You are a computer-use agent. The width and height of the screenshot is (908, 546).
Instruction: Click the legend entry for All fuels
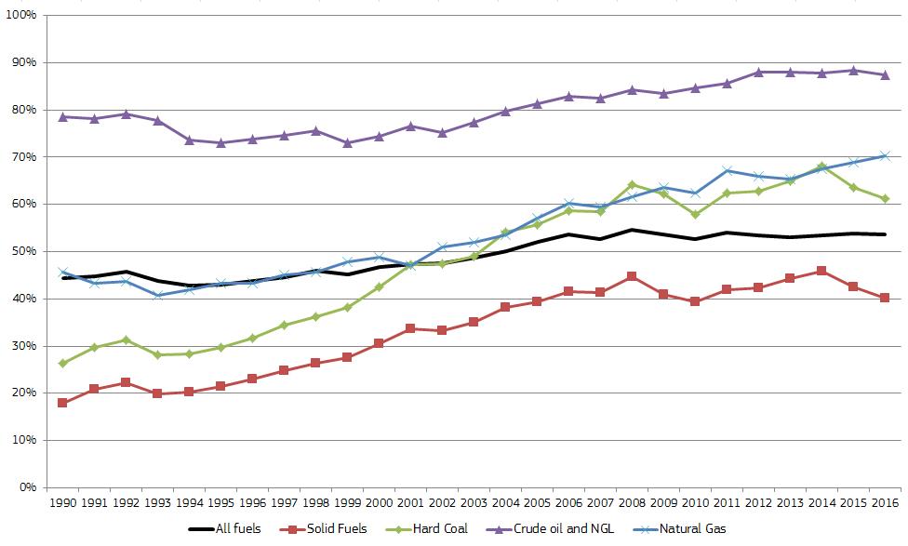click(238, 528)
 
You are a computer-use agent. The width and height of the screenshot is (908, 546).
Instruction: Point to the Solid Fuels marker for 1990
click(62, 403)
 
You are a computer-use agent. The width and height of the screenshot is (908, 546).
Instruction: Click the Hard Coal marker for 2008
click(633, 184)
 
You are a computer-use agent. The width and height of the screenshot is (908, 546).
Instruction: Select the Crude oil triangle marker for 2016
click(885, 75)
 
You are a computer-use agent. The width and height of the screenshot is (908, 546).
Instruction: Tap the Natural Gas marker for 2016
click(885, 156)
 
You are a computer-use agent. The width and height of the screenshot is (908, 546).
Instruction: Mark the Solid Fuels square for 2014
click(821, 271)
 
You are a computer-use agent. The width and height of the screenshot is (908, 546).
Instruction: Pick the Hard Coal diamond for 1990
click(62, 363)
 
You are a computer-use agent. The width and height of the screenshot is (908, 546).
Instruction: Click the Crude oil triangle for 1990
click(62, 117)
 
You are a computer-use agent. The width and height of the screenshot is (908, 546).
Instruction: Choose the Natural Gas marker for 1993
click(157, 295)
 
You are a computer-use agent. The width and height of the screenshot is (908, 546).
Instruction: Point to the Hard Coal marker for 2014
click(821, 166)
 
